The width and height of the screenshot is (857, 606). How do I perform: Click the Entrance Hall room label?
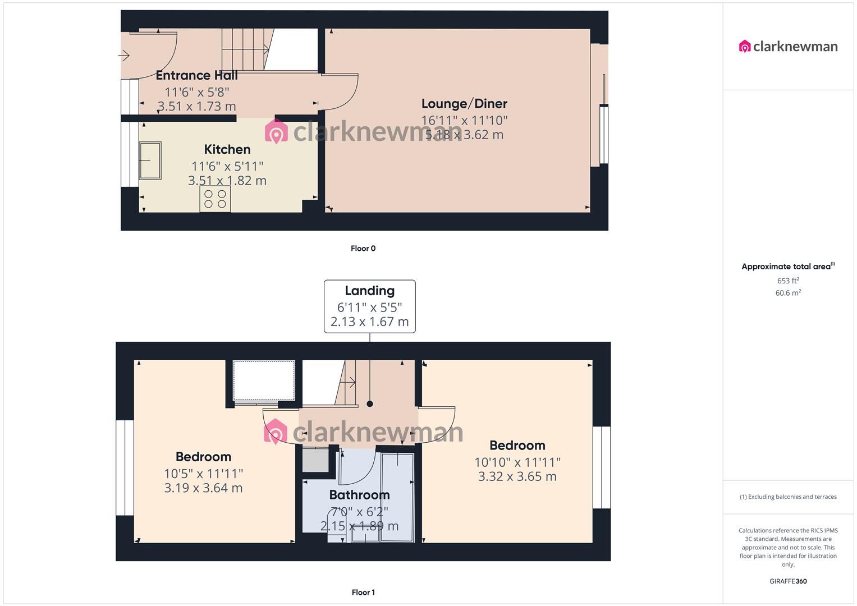196,75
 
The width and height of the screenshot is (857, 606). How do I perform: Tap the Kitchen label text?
227,149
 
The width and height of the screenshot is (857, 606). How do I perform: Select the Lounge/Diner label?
464,104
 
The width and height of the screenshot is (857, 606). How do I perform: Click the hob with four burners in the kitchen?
215,199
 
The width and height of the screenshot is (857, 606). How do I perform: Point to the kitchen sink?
150,160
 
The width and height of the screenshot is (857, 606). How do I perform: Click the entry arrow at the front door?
124,56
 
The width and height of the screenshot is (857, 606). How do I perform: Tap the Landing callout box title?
369,291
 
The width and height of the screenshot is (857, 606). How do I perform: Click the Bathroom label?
359,495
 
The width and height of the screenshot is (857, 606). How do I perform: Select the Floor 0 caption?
363,249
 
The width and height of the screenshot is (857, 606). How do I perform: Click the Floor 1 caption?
363,593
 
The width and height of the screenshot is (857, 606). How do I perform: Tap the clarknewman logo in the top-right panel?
788,47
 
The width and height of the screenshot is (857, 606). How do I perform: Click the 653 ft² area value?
788,281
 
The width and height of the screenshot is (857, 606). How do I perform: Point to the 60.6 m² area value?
788,293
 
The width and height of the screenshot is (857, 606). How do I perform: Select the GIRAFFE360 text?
788,581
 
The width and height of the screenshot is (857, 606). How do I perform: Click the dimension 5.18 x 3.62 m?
464,135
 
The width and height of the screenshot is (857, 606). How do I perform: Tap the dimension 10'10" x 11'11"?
517,462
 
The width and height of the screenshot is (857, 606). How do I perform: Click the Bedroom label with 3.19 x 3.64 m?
203,457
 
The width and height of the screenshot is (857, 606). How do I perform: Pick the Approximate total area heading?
787,267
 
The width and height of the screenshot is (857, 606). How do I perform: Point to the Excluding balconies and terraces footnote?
788,497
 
